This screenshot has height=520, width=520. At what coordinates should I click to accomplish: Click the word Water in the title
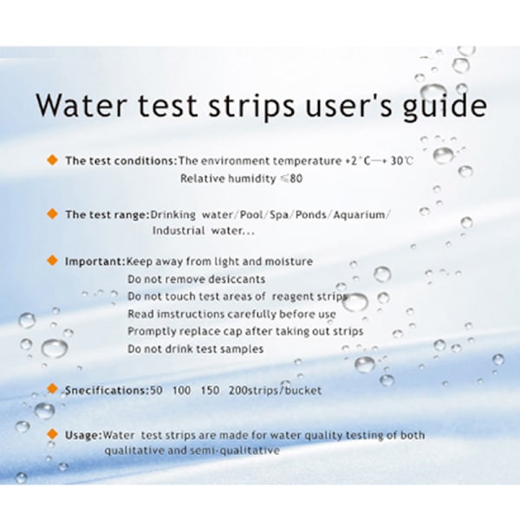coord(81,105)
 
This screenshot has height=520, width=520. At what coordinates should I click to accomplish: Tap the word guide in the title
coord(445,106)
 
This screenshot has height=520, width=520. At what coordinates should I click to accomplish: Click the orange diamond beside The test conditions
coord(52,160)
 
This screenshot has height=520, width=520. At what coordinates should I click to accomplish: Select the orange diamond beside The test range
coord(52,213)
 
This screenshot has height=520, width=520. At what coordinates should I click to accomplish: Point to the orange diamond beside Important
coord(52,260)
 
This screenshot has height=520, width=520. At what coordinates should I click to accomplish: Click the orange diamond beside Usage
coord(52,434)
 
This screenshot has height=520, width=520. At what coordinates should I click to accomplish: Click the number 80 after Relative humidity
coord(296,179)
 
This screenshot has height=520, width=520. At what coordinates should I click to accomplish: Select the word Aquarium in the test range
coord(359,215)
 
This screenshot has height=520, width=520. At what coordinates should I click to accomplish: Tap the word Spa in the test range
coord(279,215)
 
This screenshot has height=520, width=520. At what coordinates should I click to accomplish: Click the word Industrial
coord(179,231)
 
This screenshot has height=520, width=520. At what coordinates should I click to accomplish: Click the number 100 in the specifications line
coord(182,390)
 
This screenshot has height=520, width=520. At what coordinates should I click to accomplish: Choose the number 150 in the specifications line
coord(210,390)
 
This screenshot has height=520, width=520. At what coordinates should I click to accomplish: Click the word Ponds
coord(311,215)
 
